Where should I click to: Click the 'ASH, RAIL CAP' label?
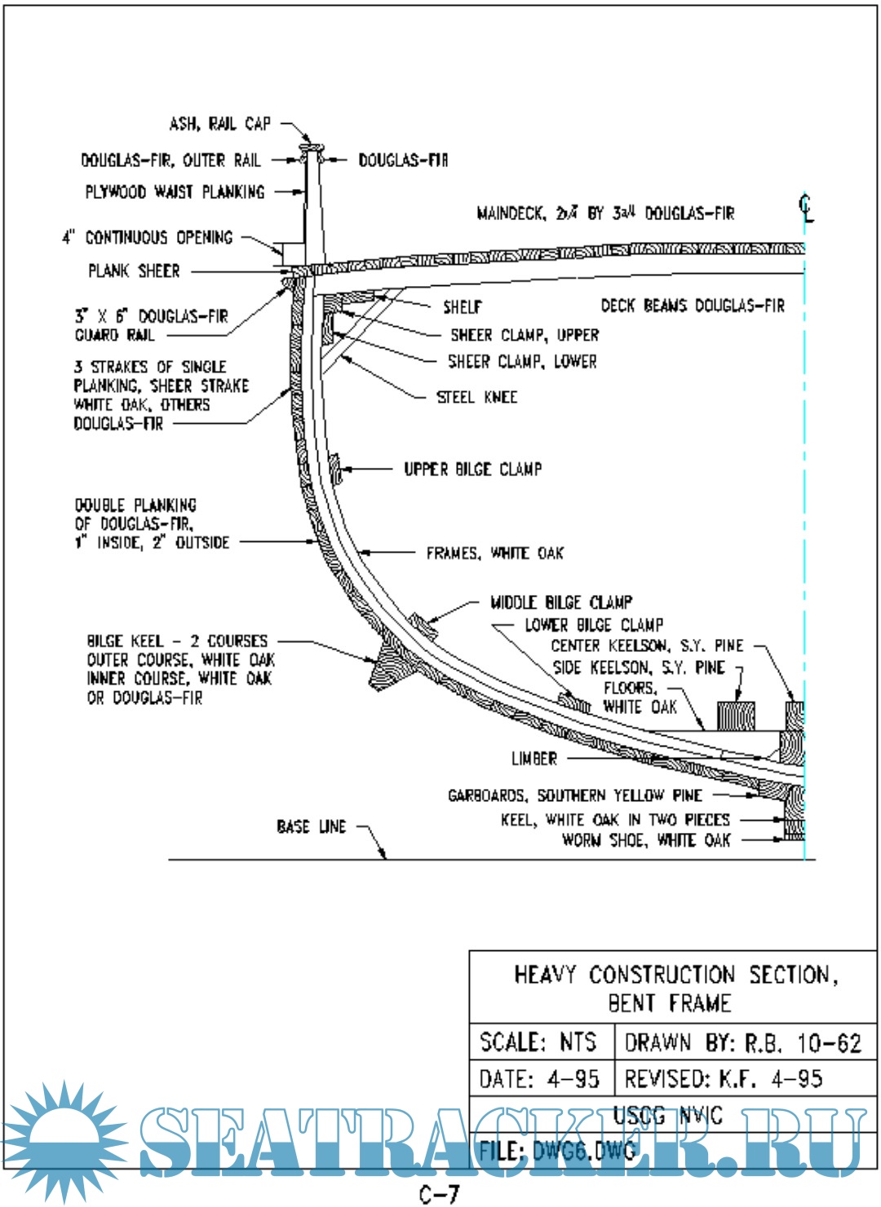pos(219,124)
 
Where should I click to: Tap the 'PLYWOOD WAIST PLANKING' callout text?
pos(175,192)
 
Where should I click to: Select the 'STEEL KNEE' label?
pos(476,398)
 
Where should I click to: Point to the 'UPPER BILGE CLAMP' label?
pos(472,469)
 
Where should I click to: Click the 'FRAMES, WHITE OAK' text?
pos(494,553)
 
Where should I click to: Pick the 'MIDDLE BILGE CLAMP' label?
pos(560,602)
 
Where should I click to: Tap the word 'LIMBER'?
pos(534,759)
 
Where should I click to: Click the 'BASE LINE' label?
pos(312,827)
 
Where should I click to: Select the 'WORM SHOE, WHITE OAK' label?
pos(646,840)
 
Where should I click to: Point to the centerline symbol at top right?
pos(806,208)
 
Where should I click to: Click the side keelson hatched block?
pos(736,716)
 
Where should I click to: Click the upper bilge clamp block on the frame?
pos(334,469)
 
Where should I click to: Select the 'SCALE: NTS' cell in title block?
pos(539,1042)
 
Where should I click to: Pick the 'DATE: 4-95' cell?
pos(539,1079)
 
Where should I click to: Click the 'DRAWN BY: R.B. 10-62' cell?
pos(743,1043)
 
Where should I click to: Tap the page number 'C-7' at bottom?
pos(440,1194)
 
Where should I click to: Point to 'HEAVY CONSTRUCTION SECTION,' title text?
pos(675,975)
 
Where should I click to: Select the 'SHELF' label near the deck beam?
pos(463,307)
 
